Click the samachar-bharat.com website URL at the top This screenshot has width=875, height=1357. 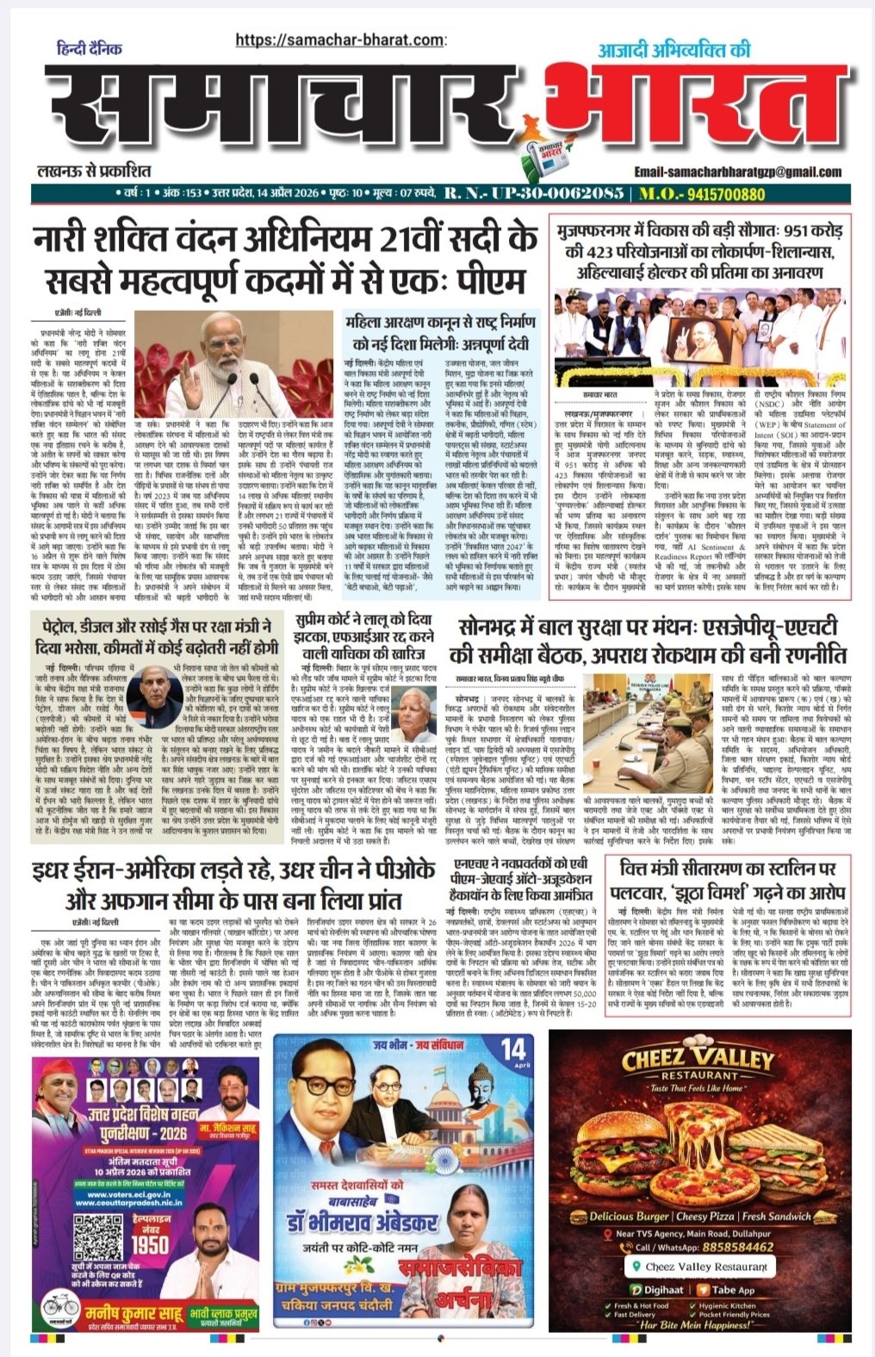click(341, 40)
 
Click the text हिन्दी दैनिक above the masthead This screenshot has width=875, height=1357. click(90, 48)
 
